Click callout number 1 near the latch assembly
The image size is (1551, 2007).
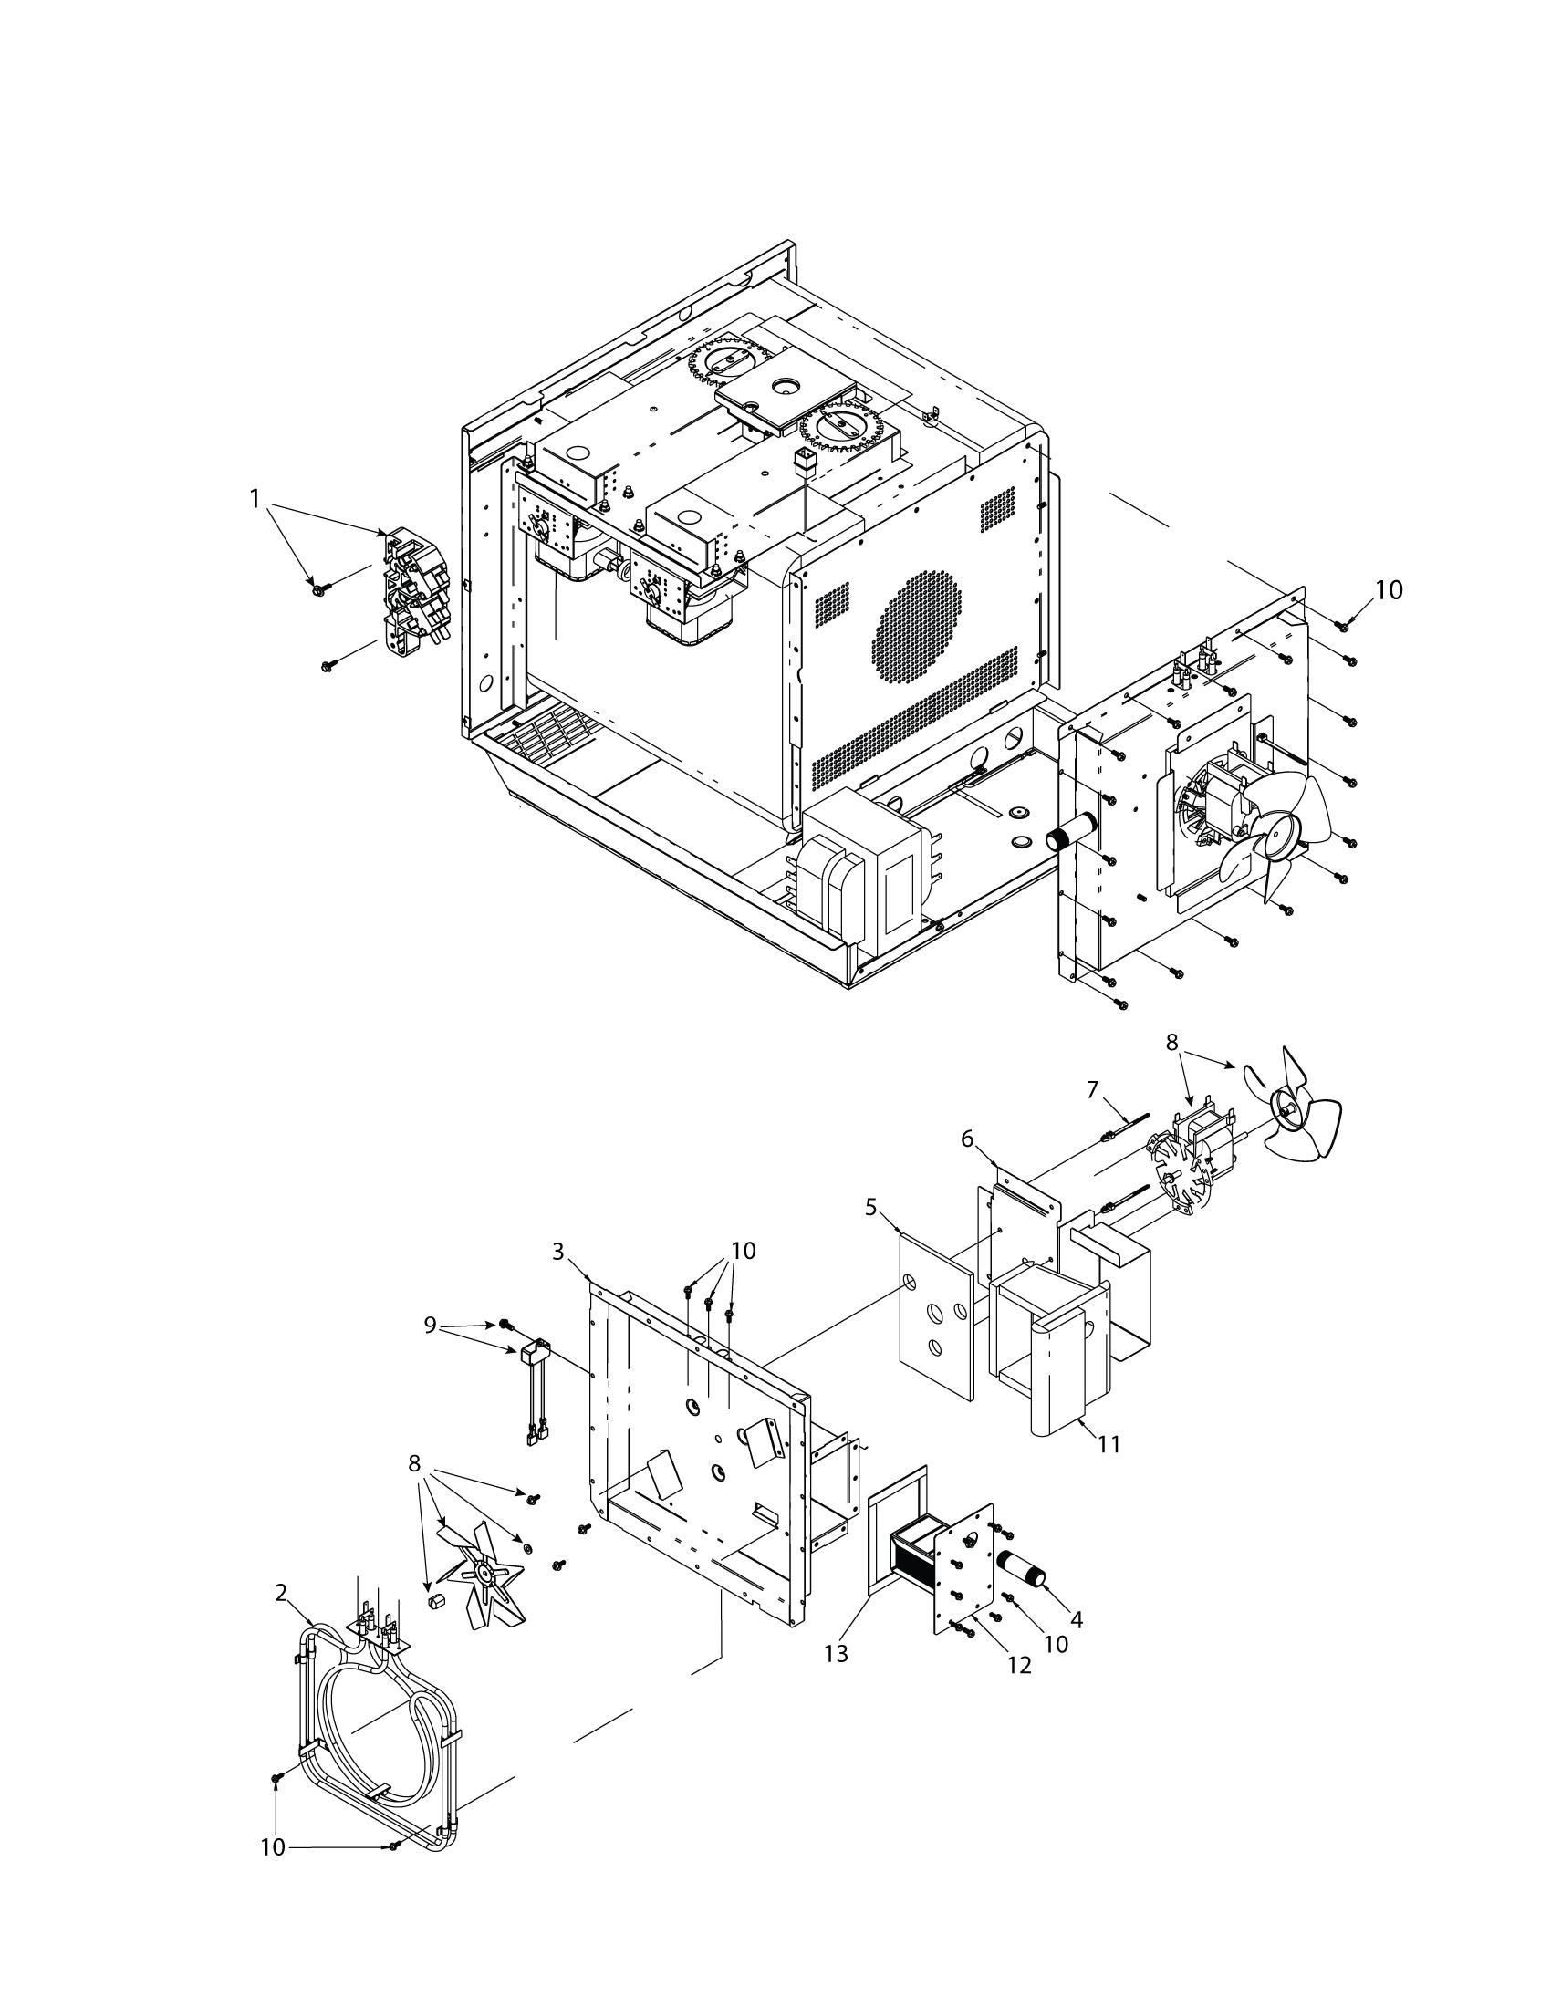[x=255, y=498]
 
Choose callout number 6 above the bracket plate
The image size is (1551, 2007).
[x=966, y=1139]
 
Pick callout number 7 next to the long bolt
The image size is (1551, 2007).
[x=1092, y=1089]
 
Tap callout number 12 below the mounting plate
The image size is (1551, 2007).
[x=1020, y=1664]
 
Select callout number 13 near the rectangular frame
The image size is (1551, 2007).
[x=835, y=1653]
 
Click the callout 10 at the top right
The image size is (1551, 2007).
[x=1389, y=590]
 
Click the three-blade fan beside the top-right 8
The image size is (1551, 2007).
[x=1291, y=1110]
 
